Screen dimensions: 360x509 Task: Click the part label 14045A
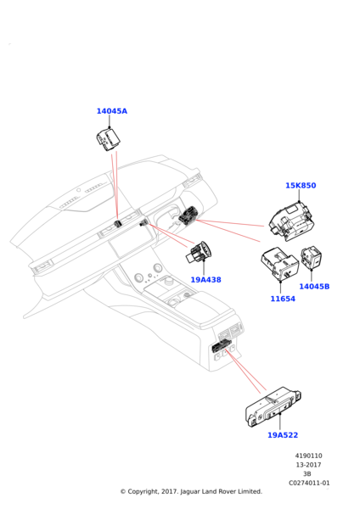(x=112, y=111)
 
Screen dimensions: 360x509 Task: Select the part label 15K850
(x=301, y=185)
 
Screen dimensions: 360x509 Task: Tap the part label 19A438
(x=205, y=279)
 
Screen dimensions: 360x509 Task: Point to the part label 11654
(x=283, y=299)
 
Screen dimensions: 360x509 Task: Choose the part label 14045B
(x=314, y=287)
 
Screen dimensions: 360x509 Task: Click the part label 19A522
(x=283, y=435)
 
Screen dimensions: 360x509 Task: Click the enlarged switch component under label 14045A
(x=108, y=140)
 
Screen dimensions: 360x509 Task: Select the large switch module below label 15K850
(x=291, y=221)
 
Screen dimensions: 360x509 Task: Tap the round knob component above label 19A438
(x=199, y=252)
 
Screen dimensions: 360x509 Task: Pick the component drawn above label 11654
(x=279, y=263)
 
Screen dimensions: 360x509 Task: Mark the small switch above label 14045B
(x=312, y=258)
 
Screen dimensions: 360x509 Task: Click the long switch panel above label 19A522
(x=273, y=406)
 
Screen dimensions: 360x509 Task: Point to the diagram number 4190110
(x=309, y=456)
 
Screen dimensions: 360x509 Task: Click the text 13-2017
(x=308, y=465)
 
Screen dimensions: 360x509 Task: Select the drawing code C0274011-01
(x=309, y=483)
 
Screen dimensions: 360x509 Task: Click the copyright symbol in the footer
(x=123, y=492)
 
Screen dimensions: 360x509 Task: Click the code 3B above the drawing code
(x=307, y=474)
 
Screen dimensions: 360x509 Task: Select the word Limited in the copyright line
(x=250, y=491)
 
